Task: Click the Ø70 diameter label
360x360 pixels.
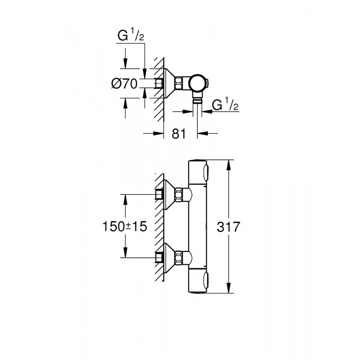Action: coord(124,84)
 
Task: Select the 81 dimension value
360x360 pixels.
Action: coord(178,133)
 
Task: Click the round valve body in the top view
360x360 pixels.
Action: coord(197,84)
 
